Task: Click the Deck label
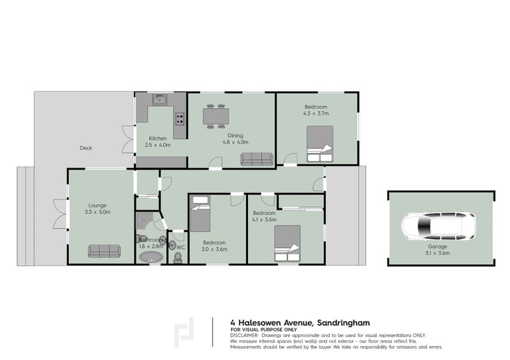coord(86,148)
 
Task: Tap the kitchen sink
coord(159,99)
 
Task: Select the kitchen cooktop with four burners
coord(180,119)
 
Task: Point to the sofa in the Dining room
coord(256,159)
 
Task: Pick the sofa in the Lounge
coord(104,250)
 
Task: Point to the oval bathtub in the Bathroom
coord(151,257)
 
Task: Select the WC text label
coord(180,247)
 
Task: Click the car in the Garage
coord(438,226)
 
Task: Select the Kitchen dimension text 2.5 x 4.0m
coord(158,145)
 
